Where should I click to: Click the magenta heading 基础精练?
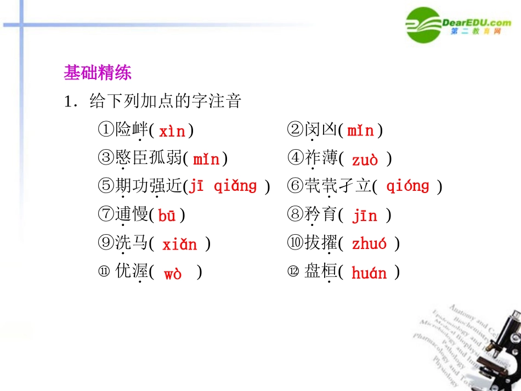coord(98,73)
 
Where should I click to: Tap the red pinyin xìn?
coord(172,132)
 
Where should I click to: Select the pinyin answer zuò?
coord(365,160)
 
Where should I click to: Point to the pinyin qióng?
coord(407,186)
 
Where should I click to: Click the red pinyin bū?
coord(167,216)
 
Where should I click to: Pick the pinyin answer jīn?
coord(365,216)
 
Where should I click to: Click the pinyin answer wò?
coord(173,274)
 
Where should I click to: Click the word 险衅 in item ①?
coord(132,131)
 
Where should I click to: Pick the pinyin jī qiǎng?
coord(223,186)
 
